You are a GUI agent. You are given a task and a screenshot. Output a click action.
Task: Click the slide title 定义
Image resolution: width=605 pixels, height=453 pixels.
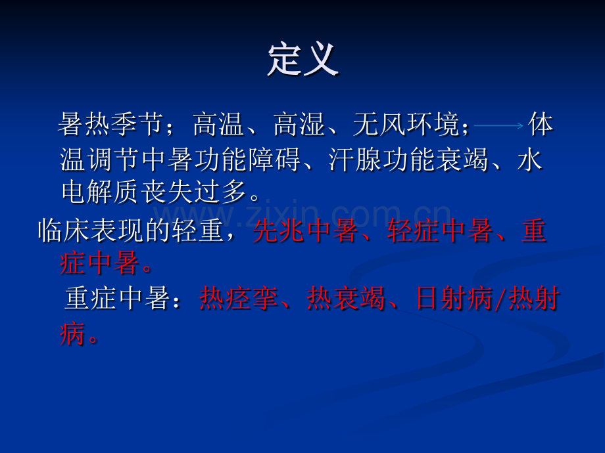(303, 60)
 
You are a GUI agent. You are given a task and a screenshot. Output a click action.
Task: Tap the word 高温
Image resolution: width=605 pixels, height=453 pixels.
(218, 125)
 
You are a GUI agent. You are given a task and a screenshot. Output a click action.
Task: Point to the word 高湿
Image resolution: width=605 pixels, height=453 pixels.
(299, 125)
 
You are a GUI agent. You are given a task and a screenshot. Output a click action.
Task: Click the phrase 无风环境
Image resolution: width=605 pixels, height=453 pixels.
(406, 125)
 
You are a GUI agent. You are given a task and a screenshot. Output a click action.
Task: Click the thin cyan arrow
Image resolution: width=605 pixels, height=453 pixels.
(498, 125)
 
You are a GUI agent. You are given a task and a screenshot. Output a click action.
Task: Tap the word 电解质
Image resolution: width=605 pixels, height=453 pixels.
(101, 192)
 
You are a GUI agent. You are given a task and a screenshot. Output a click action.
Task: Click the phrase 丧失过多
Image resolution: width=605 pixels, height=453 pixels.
(194, 192)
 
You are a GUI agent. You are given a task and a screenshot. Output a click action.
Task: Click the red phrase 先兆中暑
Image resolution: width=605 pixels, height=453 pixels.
(306, 230)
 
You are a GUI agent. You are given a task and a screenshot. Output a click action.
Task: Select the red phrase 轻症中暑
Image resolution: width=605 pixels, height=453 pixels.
(440, 230)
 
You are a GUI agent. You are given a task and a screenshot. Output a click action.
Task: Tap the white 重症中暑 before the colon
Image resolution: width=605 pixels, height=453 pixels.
(117, 298)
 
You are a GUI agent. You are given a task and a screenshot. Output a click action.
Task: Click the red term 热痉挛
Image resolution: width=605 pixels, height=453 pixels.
(239, 298)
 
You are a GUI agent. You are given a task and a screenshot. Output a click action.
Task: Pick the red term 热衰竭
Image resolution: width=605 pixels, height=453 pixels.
(346, 298)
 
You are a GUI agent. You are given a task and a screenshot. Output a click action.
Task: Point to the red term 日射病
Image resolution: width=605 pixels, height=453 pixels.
(454, 298)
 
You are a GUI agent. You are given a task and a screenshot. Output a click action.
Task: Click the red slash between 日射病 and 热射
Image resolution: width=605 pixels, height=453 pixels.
(501, 299)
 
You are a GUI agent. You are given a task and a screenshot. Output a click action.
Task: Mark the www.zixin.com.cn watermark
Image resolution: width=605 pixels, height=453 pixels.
(302, 215)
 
